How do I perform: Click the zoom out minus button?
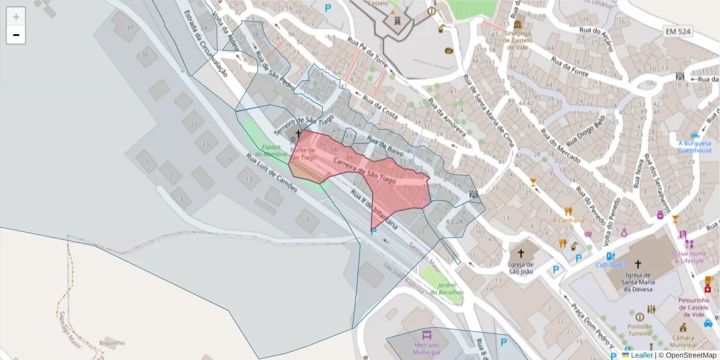tap(16, 35)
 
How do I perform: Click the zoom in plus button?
tap(16, 17)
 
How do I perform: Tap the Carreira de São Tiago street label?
tap(364, 170)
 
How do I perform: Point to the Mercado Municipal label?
tap(426, 349)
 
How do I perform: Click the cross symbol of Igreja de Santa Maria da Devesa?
tap(638, 263)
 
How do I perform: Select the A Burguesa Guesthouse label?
tap(694, 147)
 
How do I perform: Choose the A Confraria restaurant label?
tap(568, 220)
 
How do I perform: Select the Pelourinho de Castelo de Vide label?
tap(694, 303)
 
